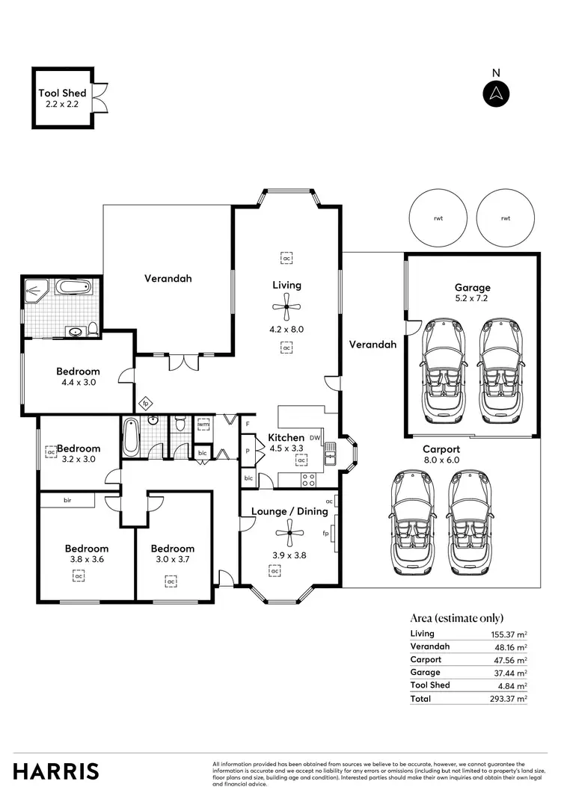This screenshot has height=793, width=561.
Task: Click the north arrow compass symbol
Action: [494, 93]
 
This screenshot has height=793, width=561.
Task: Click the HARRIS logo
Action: [56, 771]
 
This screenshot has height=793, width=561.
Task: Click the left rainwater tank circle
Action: [438, 218]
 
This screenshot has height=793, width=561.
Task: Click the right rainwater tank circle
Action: [506, 218]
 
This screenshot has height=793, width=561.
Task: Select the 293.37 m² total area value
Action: [506, 698]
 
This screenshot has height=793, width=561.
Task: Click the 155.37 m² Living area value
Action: [506, 634]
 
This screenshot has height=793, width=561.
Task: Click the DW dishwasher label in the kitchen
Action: [314, 438]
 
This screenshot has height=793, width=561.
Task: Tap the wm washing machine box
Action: [203, 425]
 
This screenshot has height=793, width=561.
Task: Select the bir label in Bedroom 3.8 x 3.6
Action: [67, 499]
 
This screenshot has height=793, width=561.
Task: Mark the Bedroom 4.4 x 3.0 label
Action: [79, 377]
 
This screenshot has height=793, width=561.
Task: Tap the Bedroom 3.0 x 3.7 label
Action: [172, 554]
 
